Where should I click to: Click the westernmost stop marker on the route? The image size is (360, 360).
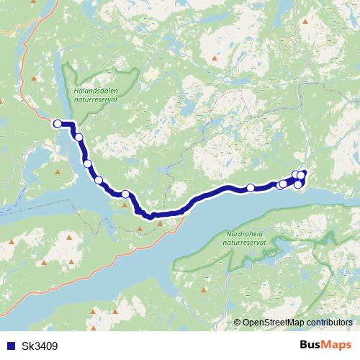point(58,124)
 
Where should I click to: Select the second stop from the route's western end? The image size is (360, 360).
point(78,138)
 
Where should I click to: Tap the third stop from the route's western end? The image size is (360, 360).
point(89,164)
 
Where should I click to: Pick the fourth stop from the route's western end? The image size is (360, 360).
point(99,180)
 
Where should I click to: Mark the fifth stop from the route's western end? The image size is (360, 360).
point(125,194)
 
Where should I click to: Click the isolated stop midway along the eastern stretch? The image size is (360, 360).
point(251,188)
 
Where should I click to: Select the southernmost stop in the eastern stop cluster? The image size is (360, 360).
point(298,185)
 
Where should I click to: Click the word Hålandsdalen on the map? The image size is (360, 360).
point(94,92)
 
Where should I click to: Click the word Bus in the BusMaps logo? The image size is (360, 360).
point(310,346)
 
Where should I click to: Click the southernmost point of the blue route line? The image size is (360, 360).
point(152,216)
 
